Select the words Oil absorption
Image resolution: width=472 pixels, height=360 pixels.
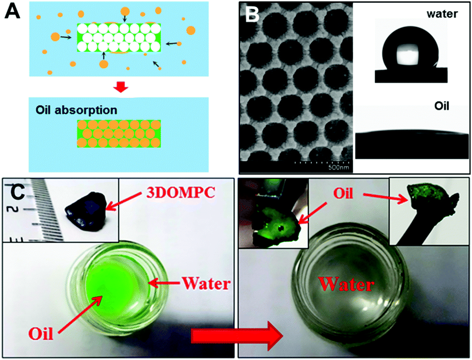coord(76,110)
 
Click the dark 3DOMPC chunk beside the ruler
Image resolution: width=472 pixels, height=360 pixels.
coord(87,214)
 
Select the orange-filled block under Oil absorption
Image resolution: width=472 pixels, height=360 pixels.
coord(119,141)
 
